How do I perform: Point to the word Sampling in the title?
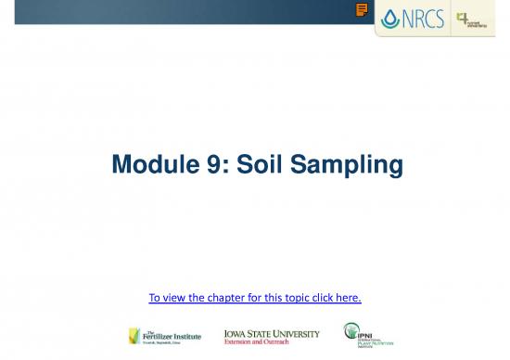(x=349, y=167)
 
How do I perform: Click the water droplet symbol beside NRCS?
(x=389, y=19)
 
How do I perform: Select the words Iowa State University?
(x=272, y=332)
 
